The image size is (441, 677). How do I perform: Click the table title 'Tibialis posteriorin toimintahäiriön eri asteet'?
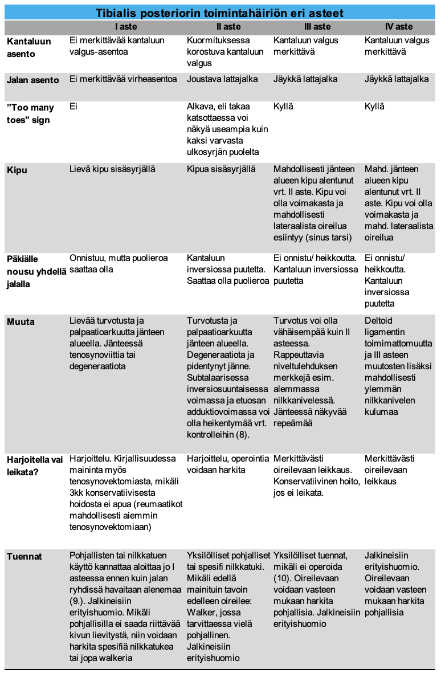click(x=219, y=13)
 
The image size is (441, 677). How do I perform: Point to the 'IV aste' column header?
click(x=399, y=27)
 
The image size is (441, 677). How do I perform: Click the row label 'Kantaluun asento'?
click(x=29, y=47)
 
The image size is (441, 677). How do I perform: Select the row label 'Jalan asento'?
click(x=33, y=80)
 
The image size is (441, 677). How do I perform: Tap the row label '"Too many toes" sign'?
click(x=28, y=113)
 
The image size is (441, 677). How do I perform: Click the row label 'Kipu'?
click(x=17, y=170)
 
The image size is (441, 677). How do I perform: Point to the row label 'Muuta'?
click(x=21, y=321)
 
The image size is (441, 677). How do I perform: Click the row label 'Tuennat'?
click(x=24, y=555)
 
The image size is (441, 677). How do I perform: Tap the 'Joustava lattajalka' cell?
click(x=222, y=79)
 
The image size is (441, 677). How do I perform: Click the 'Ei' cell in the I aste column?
click(x=73, y=107)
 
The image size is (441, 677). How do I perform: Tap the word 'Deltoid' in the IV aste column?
click(x=379, y=321)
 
